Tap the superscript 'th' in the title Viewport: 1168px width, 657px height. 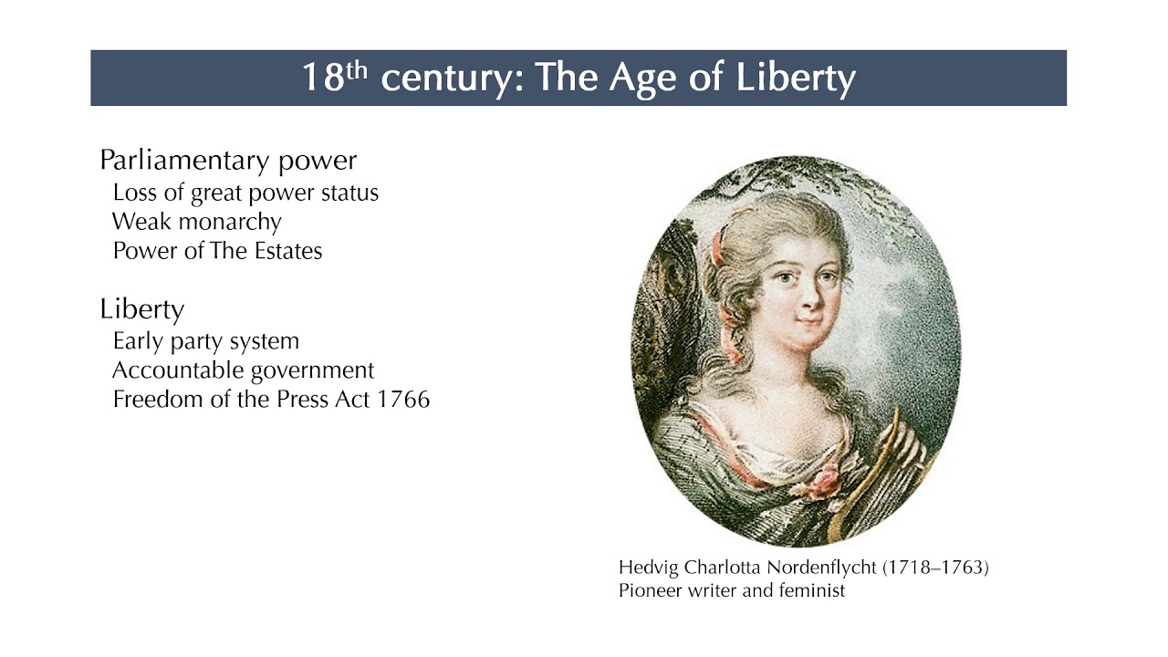356,69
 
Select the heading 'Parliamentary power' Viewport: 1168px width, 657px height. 228,161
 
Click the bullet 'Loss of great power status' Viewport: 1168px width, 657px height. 245,193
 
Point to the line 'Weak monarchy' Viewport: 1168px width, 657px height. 197,222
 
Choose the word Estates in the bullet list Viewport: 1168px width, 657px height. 287,251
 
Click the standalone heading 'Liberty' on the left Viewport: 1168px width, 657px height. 141,309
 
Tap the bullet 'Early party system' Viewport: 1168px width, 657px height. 206,341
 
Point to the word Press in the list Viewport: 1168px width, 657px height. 304,400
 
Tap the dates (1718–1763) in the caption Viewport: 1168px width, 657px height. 935,568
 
